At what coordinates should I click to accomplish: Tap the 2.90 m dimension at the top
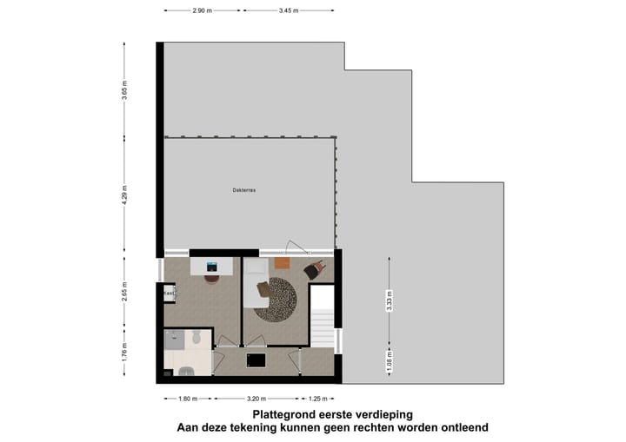(x=203, y=11)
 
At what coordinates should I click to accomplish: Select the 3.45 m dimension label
(x=289, y=11)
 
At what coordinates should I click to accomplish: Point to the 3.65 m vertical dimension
(x=125, y=91)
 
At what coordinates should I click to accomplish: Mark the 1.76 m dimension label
(x=125, y=352)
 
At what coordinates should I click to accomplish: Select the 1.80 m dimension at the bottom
(x=187, y=400)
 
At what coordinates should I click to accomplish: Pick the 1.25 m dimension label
(x=319, y=400)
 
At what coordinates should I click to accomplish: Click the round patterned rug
(x=276, y=300)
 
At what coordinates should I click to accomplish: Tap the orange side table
(x=281, y=263)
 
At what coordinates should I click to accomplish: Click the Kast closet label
(x=169, y=294)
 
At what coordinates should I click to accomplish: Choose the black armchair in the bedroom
(x=315, y=270)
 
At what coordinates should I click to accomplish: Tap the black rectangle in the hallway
(x=256, y=360)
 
